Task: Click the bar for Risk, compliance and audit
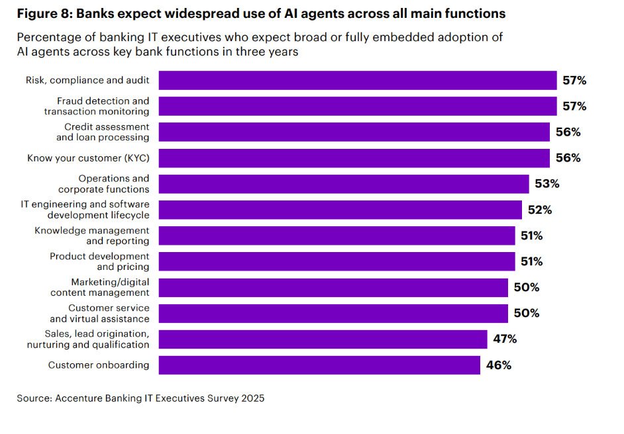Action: (x=358, y=81)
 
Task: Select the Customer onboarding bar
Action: (x=319, y=365)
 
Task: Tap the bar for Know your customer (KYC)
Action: (x=354, y=158)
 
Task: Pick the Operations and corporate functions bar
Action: (x=344, y=184)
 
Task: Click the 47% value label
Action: (x=505, y=339)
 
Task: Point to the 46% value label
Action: (x=497, y=365)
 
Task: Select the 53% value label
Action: (x=546, y=184)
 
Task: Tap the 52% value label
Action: (x=539, y=210)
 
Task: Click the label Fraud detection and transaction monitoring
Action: (x=97, y=107)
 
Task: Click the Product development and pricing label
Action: (x=100, y=261)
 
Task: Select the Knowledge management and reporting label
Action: (x=92, y=236)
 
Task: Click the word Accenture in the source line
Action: (x=78, y=398)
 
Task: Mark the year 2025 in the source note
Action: (x=252, y=398)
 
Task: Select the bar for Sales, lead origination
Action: (x=323, y=339)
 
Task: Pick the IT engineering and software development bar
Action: (x=340, y=210)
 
